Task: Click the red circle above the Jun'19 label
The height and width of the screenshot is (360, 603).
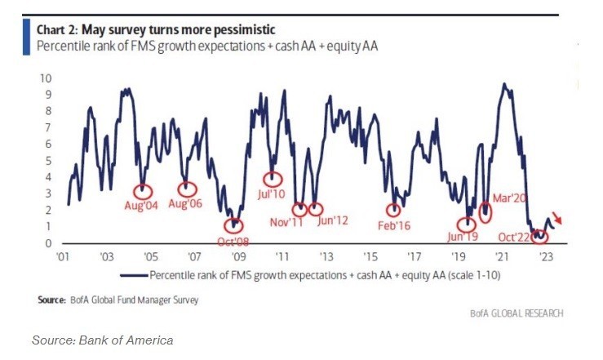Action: pyautogui.click(x=467, y=224)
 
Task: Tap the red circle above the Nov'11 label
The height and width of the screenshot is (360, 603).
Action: pyautogui.click(x=299, y=209)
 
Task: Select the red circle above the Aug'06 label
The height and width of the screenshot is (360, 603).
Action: pyautogui.click(x=188, y=189)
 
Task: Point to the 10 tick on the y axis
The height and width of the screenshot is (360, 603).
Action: pyautogui.click(x=47, y=78)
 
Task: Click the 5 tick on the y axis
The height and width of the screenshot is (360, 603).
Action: pyautogui.click(x=49, y=160)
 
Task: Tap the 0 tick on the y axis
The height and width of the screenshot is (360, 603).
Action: pyautogui.click(x=49, y=242)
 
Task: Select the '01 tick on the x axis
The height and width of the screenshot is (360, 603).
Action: pyautogui.click(x=63, y=256)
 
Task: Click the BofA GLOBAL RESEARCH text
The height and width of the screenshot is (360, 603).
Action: pyautogui.click(x=516, y=313)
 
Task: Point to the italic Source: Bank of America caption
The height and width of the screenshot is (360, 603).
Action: pyautogui.click(x=102, y=339)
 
